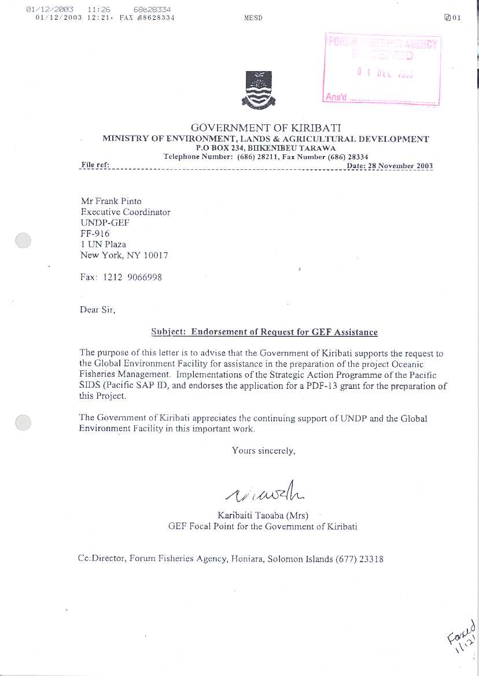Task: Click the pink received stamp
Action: pyautogui.click(x=382, y=68)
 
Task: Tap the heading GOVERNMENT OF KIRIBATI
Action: pyautogui.click(x=266, y=128)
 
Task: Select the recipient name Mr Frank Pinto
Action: pyautogui.click(x=111, y=201)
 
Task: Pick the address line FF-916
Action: pyautogui.click(x=95, y=233)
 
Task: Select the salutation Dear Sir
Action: pyautogui.click(x=98, y=310)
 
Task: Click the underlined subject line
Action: pyautogui.click(x=264, y=332)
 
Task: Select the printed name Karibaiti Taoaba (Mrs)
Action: pyautogui.click(x=263, y=515)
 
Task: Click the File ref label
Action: pyautogui.click(x=95, y=165)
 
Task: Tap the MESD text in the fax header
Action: pyautogui.click(x=253, y=18)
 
